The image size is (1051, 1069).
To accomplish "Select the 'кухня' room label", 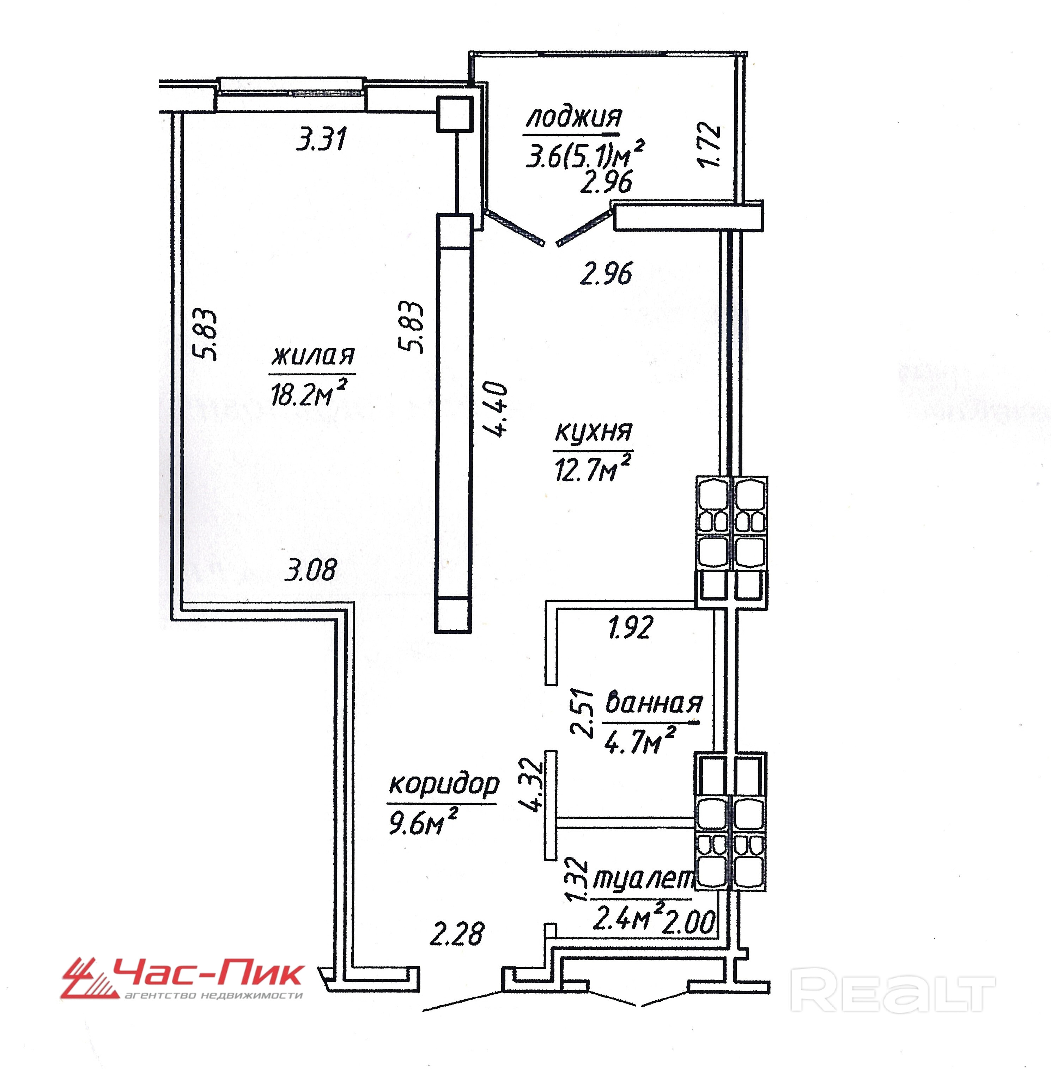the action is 594,431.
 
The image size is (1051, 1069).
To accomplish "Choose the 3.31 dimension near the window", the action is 321,139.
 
